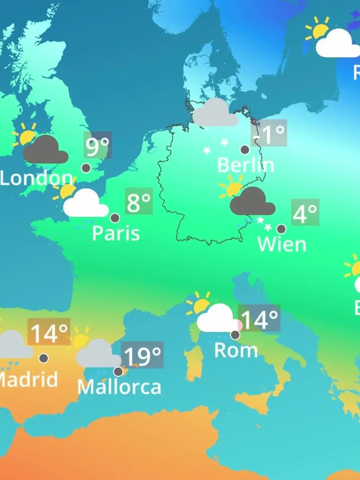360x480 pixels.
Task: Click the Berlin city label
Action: [x=245, y=165]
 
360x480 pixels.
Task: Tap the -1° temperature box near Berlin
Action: [x=269, y=133]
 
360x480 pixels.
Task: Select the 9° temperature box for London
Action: [x=97, y=145]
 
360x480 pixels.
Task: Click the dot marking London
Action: [x=86, y=168]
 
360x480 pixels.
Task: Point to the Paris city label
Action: [x=116, y=233]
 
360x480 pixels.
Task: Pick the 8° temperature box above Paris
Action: [x=139, y=201]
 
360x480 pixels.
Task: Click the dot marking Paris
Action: [x=115, y=218]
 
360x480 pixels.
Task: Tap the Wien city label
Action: [x=282, y=244]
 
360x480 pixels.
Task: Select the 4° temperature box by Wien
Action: [x=305, y=212]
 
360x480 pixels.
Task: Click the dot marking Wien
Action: [x=281, y=229]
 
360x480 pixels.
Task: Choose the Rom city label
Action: [x=236, y=350]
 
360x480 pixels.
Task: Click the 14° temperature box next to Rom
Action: [x=259, y=318]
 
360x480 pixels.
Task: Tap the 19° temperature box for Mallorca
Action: [x=142, y=355]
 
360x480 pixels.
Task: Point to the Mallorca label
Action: [x=119, y=387]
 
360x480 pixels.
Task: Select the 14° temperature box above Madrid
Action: [x=49, y=332]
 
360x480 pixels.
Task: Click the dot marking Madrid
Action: [x=44, y=358]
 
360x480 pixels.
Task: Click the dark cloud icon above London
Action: [x=46, y=150]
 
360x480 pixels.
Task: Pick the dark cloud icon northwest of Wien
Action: [x=252, y=202]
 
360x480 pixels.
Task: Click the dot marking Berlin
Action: [x=245, y=149]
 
